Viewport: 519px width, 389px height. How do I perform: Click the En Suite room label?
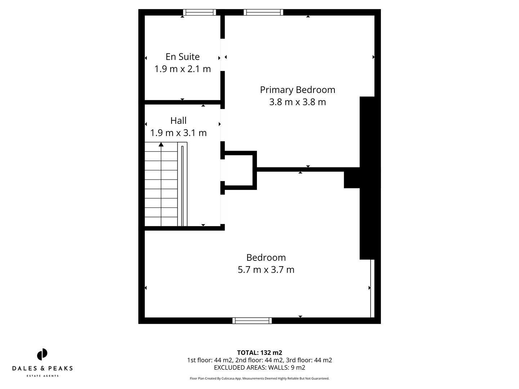pos(182,57)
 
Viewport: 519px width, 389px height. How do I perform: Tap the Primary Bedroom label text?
pos(297,90)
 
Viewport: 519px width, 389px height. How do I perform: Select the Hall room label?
pos(178,120)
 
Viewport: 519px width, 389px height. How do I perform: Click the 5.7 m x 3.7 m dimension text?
pos(266,270)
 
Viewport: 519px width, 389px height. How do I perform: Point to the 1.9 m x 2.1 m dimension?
pos(182,69)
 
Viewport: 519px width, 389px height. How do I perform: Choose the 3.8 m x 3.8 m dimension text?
pos(297,102)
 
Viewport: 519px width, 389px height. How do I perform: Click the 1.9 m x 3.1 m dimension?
pos(178,133)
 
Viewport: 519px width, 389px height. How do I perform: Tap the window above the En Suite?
pos(199,12)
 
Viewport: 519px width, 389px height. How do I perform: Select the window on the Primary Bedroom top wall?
pos(263,12)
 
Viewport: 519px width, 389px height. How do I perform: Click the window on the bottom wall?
pos(252,321)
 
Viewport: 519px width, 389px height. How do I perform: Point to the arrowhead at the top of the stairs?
pos(161,144)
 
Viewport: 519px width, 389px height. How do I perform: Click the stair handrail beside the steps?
pos(182,185)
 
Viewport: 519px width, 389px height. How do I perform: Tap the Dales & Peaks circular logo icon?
pos(42,354)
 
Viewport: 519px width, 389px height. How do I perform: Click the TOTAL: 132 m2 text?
pos(259,353)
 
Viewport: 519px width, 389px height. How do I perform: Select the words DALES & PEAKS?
pos(42,368)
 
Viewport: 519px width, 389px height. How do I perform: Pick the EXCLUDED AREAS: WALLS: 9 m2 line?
pos(259,367)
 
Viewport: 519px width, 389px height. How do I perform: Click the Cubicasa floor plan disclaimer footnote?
pos(259,379)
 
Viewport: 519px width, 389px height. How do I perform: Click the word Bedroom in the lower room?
pos(266,258)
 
